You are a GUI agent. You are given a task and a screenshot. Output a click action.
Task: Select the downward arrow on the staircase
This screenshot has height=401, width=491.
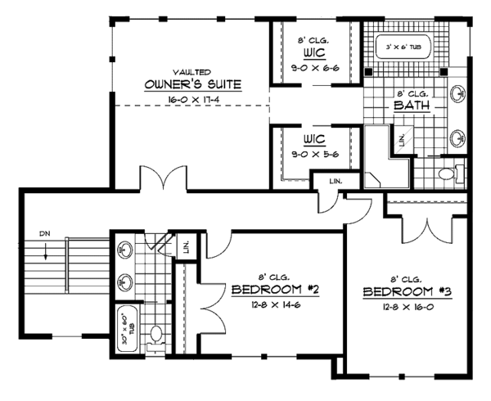click(45, 251)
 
